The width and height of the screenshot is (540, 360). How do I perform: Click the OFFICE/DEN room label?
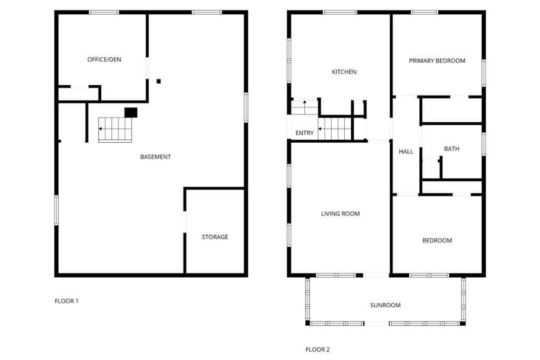coord(104,60)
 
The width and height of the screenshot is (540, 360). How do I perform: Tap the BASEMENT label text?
coord(155,157)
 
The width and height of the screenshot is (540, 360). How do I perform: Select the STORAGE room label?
coord(215,237)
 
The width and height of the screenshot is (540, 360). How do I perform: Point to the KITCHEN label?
coord(344,72)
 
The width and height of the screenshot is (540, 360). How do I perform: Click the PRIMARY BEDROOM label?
coord(437,61)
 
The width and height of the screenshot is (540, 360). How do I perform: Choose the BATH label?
coord(451,149)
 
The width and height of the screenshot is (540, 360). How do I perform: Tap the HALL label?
coord(406,152)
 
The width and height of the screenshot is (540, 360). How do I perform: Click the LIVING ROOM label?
coord(340,214)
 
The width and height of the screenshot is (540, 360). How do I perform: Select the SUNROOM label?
coord(385,305)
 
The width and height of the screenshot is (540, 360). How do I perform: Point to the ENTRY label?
coord(304,133)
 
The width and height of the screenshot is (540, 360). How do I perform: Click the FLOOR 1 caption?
coord(66,301)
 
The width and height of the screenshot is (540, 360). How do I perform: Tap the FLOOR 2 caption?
coord(317,349)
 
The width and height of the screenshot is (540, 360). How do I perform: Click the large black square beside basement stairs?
coord(131,112)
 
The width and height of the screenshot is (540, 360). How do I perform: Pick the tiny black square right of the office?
coord(159,81)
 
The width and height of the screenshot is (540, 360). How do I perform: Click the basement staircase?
coord(115,130)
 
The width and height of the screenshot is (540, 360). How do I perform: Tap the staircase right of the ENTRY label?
coord(334,128)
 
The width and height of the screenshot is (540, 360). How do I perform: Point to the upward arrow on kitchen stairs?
coord(305,102)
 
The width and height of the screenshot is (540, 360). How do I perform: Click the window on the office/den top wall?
coord(103,12)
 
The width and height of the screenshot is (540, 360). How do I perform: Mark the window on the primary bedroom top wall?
coord(425,12)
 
